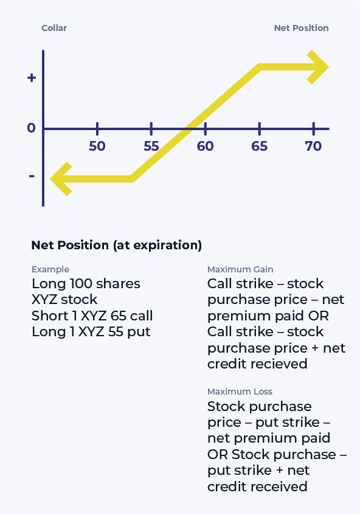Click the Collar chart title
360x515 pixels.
click(54, 28)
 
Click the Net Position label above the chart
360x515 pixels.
click(301, 28)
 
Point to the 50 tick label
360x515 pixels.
click(97, 146)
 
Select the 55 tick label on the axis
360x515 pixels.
click(151, 146)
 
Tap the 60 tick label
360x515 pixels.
click(206, 146)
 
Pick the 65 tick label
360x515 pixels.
click(260, 146)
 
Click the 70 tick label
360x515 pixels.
click(313, 146)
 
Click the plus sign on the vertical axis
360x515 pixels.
click(32, 78)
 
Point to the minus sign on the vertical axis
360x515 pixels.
click(32, 176)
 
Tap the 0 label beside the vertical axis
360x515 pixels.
click(32, 128)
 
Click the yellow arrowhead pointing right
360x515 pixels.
click(318, 66)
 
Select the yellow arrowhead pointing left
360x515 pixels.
click(61, 179)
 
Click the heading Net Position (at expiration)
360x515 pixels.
click(116, 246)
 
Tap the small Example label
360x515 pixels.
click(50, 269)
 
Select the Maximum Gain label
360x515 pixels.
click(240, 269)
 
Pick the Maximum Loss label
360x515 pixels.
click(240, 392)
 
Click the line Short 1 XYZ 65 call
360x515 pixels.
click(92, 316)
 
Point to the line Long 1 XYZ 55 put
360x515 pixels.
click(91, 332)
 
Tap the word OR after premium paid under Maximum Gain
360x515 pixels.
click(317, 316)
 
